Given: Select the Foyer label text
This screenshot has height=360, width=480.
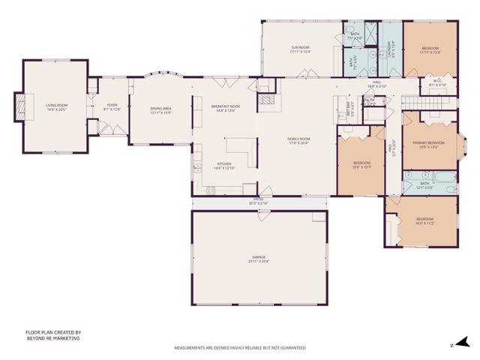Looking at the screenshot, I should tap(111, 106).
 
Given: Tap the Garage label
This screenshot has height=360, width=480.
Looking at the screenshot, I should tap(259, 258).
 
